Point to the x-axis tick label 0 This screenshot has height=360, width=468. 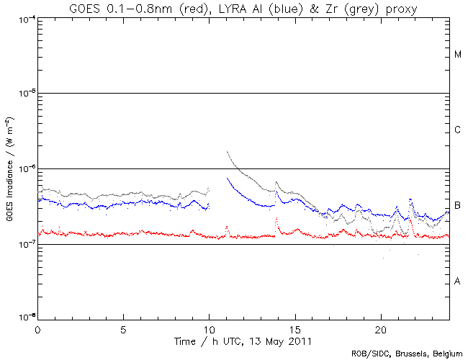coord(37,328)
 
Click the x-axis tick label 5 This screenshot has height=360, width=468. coord(123,328)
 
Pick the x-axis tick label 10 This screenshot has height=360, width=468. coord(209,328)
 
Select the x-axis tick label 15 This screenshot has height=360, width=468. coord(295,328)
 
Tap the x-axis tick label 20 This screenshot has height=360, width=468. coord(381,328)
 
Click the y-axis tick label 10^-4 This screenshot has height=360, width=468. coord(26,19)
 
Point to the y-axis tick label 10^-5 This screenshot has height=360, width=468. coord(26,94)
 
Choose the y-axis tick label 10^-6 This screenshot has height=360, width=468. coord(26,169)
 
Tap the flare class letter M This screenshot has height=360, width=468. coord(458,55)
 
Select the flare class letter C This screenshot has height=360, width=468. coord(458,130)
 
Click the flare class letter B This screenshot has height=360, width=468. coord(458,206)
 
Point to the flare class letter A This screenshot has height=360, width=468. coord(458,282)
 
